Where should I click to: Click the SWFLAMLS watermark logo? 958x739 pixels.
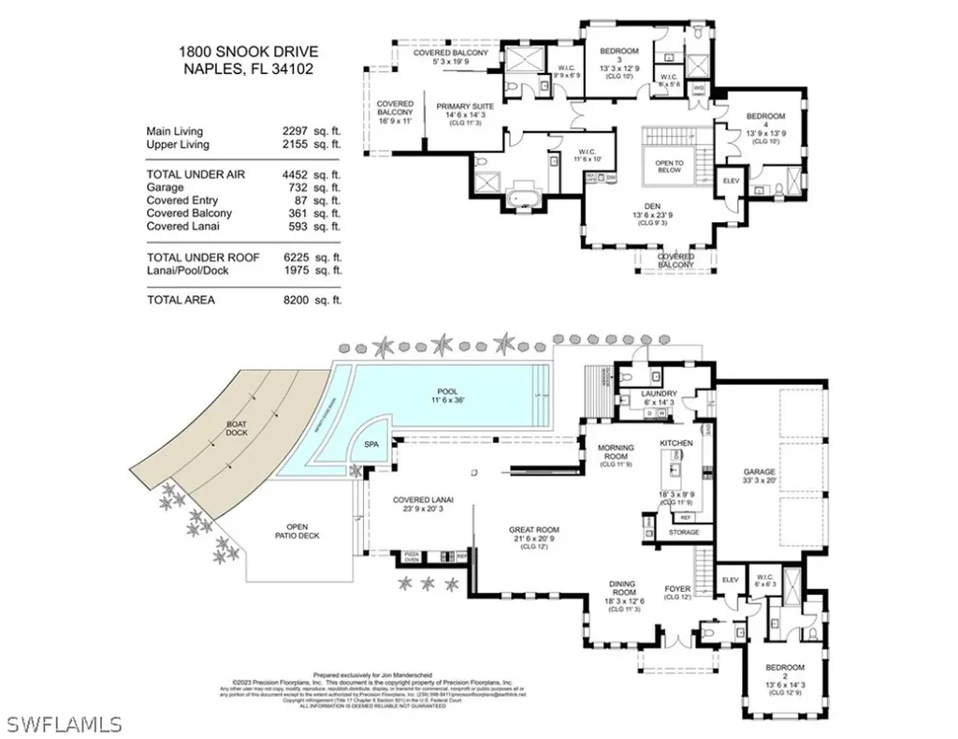(x=65, y=724)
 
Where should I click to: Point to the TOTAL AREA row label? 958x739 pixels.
(x=181, y=300)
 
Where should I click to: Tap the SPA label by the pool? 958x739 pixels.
(x=360, y=449)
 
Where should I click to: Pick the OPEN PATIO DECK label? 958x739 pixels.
(x=297, y=532)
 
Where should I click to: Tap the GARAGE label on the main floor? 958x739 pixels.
(x=760, y=472)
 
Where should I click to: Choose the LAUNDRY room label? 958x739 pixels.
(x=660, y=394)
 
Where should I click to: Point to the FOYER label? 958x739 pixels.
(x=676, y=589)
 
